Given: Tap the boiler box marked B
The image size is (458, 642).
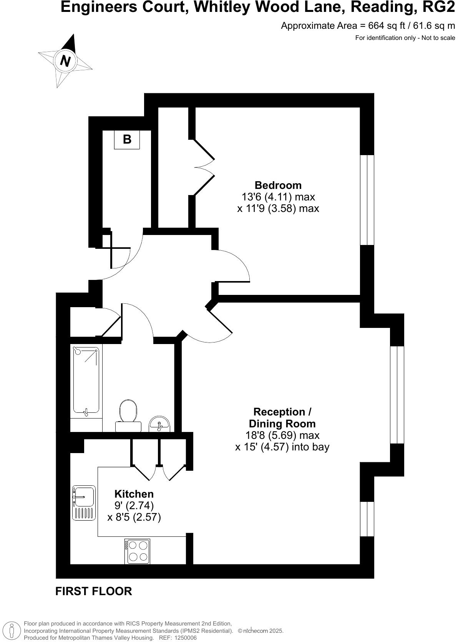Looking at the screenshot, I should coord(127,139).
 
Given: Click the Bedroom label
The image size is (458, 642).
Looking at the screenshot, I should coord(278,185).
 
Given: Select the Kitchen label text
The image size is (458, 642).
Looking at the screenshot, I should coord(134,494).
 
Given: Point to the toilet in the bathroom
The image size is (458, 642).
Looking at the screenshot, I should coord(128,413).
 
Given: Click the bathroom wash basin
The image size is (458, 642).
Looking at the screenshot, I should coord(159,424).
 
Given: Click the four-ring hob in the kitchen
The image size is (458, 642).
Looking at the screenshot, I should coord(137,551).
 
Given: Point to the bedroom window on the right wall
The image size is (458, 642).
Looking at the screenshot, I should coord(367,200).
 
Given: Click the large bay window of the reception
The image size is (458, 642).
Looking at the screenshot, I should coord(397,395).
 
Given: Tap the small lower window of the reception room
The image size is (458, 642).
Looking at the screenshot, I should coord(367,519).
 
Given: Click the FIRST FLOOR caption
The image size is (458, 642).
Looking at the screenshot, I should coord(93,591).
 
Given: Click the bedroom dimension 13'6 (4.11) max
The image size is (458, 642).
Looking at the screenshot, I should coord(278,197).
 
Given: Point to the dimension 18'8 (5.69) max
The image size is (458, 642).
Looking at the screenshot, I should coord(282,435).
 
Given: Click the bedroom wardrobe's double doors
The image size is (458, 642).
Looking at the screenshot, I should coord(204,167).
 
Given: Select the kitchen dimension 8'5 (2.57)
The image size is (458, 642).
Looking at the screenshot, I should coord(134,517).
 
